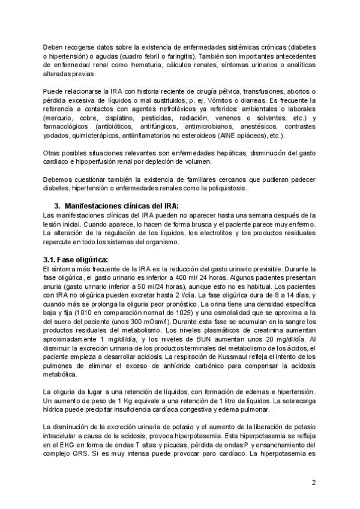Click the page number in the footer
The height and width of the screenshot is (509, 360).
click(313, 483)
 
